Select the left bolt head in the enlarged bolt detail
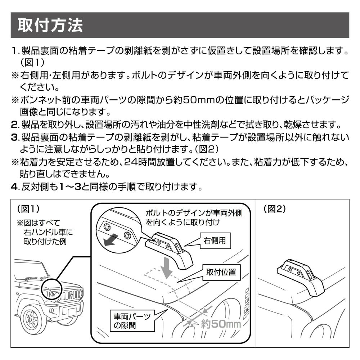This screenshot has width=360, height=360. pyautogui.click(x=107, y=227)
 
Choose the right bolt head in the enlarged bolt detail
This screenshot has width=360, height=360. pyautogui.click(x=127, y=235)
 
